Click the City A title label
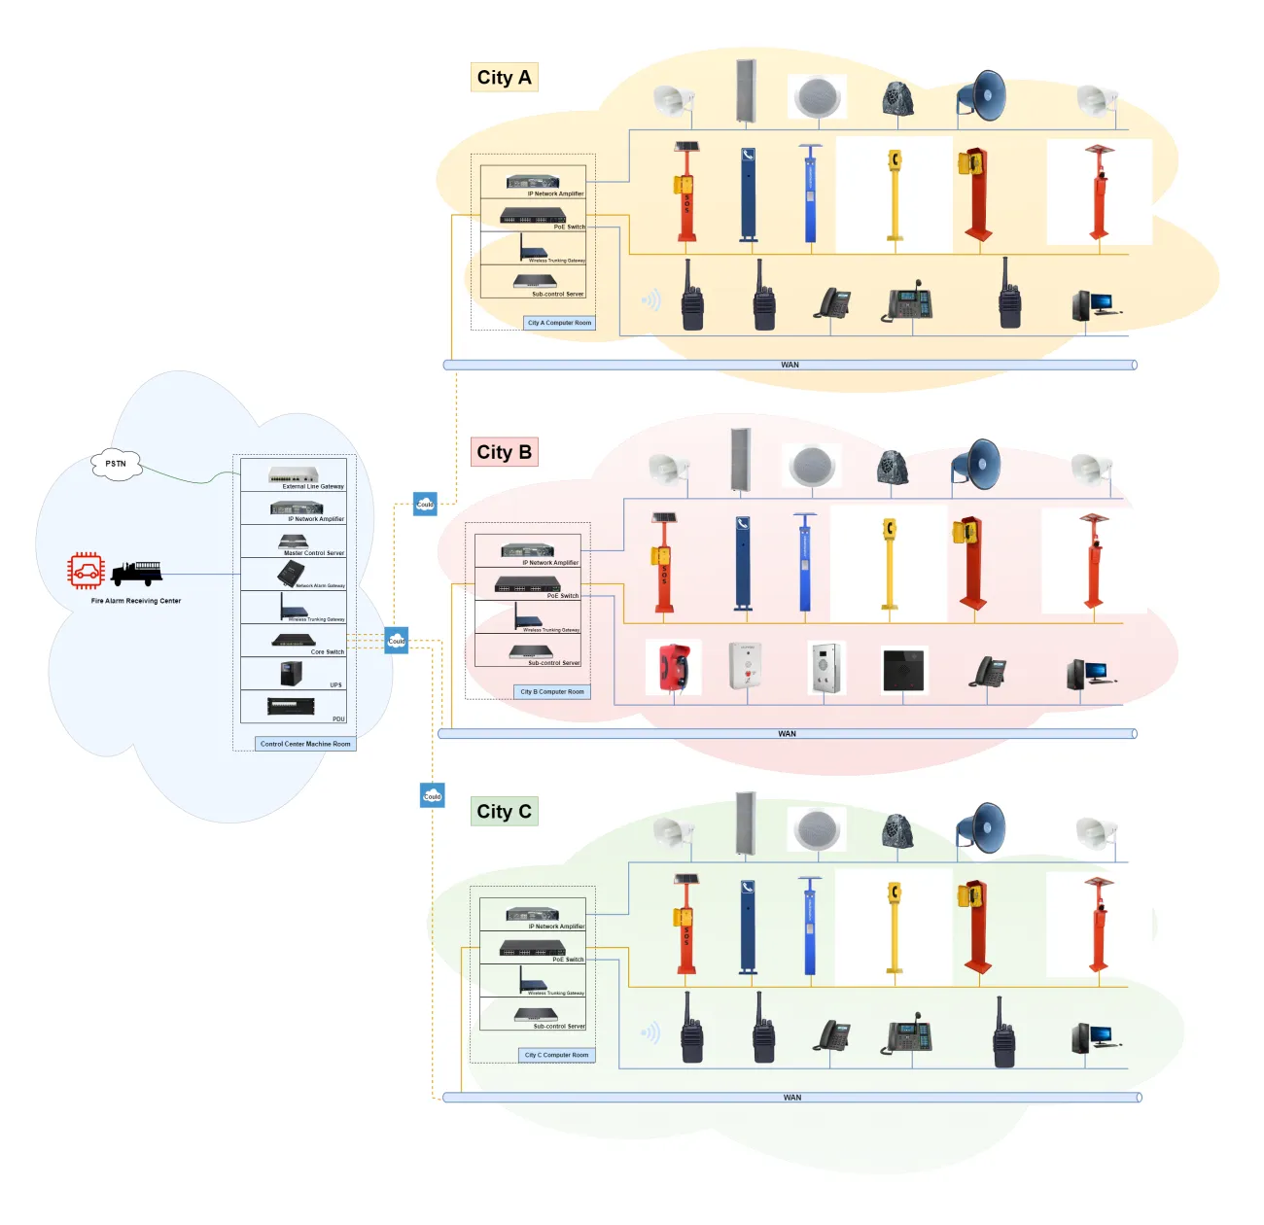pyautogui.click(x=504, y=78)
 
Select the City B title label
pyautogui.click(x=504, y=452)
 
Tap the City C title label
pyautogui.click(x=504, y=812)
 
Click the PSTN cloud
pyautogui.click(x=116, y=464)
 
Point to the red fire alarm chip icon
pyautogui.click(x=86, y=571)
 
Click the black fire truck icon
pyautogui.click(x=136, y=573)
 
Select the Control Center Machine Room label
pyautogui.click(x=305, y=744)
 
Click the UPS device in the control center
pyautogui.click(x=291, y=673)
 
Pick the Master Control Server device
pyautogui.click(x=293, y=541)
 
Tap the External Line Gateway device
pyautogui.click(x=294, y=474)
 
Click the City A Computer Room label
pyautogui.click(x=559, y=323)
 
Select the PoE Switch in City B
pyautogui.click(x=527, y=584)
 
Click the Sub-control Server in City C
pyautogui.click(x=536, y=1015)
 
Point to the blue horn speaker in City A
pyautogui.click(x=982, y=95)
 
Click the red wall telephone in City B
pyautogui.click(x=674, y=667)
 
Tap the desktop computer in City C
pyautogui.click(x=1093, y=1038)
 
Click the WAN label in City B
pyautogui.click(x=787, y=734)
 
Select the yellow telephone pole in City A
pyautogui.click(x=895, y=194)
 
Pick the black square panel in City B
pyautogui.click(x=904, y=670)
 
